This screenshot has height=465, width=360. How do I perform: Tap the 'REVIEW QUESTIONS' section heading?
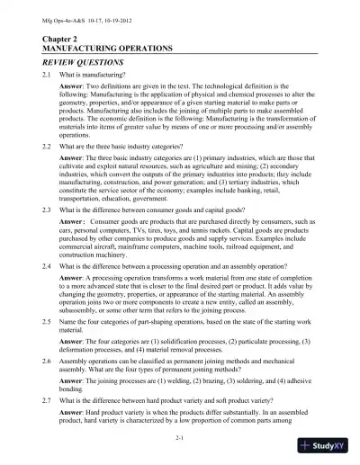(x=85, y=66)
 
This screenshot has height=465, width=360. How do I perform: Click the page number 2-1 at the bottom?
(x=180, y=437)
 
